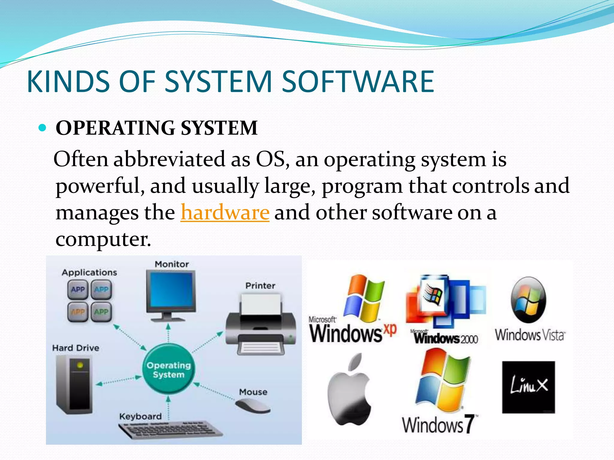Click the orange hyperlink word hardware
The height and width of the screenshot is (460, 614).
[225, 212]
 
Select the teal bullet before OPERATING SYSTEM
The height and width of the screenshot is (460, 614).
[43, 128]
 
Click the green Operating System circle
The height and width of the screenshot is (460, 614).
[168, 370]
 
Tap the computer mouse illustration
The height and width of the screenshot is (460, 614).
[252, 406]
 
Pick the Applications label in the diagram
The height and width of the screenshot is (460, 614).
[89, 272]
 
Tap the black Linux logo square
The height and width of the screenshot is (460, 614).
[528, 387]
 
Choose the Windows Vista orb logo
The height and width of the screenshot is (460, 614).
[528, 300]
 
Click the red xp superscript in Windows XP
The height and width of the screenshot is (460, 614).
[390, 329]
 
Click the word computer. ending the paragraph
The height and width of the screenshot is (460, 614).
[103, 239]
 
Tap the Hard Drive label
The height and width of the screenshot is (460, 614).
[76, 348]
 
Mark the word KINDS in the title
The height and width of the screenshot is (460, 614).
[68, 81]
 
